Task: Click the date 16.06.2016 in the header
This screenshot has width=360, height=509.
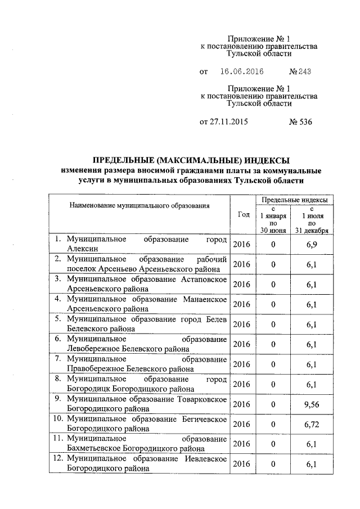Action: (242, 72)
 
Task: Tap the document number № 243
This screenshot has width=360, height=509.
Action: (299, 72)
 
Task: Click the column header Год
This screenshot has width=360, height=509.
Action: (244, 215)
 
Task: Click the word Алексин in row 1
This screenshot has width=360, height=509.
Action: (83, 249)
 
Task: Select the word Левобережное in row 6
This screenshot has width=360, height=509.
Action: (91, 348)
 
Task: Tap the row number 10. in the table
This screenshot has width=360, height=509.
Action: (58, 419)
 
